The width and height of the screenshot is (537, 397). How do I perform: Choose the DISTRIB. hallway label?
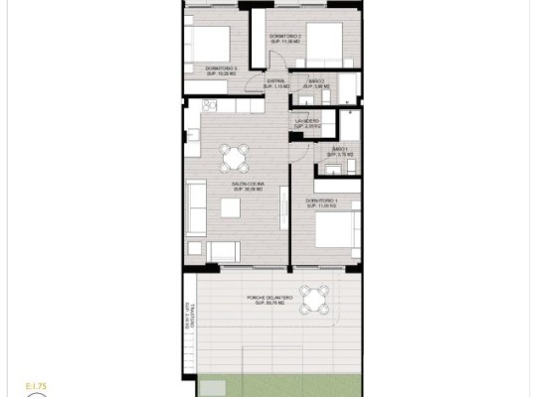(x=274, y=84)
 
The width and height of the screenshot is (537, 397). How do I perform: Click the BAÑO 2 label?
(x=316, y=83)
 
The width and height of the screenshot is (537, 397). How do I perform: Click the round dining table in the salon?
(x=236, y=156)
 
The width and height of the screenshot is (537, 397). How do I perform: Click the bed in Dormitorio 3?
(x=206, y=43)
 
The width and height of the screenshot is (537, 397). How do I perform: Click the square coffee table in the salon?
(x=230, y=207)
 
